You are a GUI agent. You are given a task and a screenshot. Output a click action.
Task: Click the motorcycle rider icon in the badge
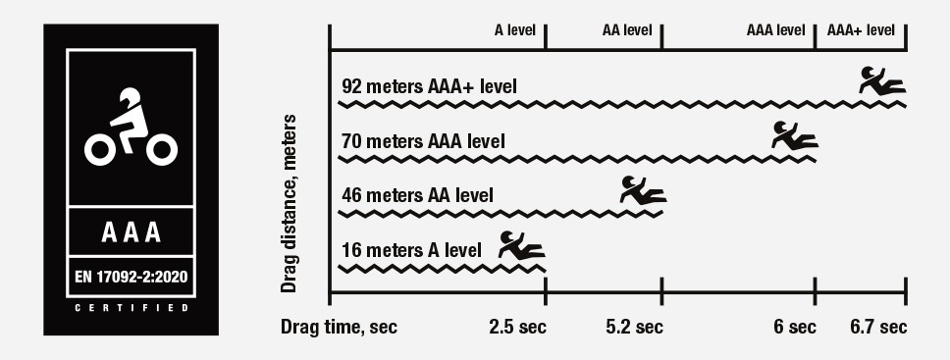click(131, 129)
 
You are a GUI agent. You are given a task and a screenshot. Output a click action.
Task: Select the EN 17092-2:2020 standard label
click(131, 277)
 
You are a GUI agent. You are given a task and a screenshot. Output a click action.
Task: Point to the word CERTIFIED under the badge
click(131, 308)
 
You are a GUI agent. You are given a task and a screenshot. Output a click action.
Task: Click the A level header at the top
click(514, 29)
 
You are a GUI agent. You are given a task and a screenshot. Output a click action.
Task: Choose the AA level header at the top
click(627, 29)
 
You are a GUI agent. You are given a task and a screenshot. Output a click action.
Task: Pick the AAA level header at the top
click(775, 29)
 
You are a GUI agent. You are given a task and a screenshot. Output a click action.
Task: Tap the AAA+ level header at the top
click(861, 29)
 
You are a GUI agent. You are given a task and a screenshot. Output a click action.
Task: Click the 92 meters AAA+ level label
click(429, 85)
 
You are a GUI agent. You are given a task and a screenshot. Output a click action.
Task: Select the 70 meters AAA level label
click(423, 141)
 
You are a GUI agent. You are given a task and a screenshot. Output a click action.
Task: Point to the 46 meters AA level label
click(417, 194)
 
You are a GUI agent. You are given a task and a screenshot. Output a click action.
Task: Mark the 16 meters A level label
click(411, 249)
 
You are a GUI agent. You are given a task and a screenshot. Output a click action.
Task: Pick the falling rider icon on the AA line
click(642, 189)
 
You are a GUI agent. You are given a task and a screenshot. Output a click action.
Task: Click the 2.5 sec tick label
click(517, 327)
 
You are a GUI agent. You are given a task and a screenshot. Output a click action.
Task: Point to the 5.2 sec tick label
click(635, 327)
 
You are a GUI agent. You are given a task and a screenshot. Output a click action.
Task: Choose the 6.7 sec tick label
click(877, 327)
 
